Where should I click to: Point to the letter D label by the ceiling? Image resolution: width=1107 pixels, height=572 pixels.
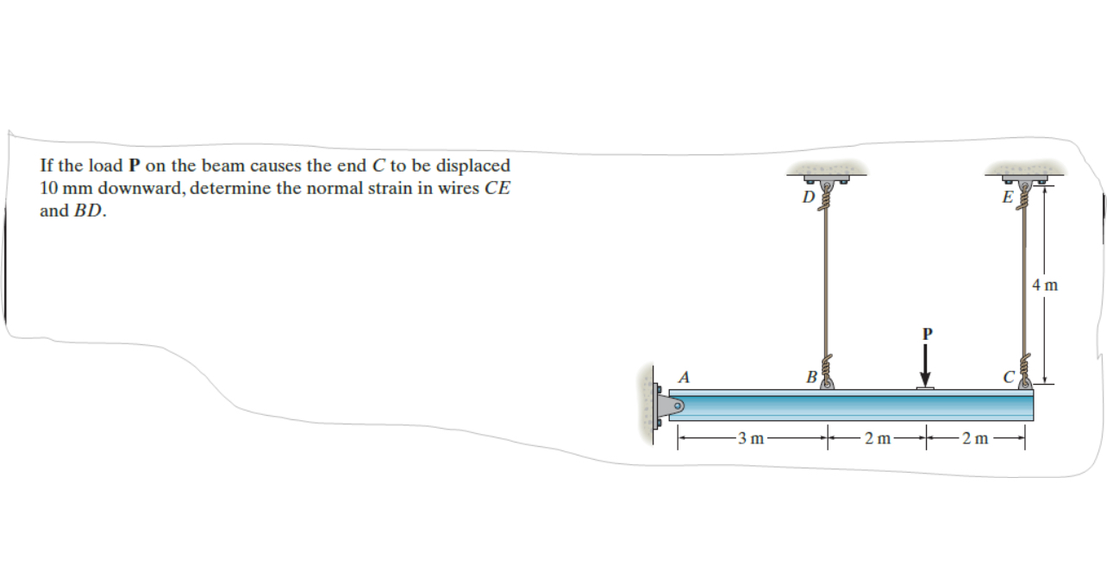pos(807,197)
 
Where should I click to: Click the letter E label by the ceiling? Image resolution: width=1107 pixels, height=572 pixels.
pos(1007,197)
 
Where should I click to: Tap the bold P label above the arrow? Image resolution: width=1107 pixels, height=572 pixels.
pos(927,332)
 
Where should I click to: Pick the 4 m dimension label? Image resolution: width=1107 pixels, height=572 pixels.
pos(1044,284)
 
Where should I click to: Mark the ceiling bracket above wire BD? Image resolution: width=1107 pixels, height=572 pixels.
pos(825,177)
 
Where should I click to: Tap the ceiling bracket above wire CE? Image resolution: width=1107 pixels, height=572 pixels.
pos(1025,177)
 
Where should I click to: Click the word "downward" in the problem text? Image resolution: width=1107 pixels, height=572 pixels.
pos(134,188)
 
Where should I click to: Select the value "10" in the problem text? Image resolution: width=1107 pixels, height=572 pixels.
pos(49,188)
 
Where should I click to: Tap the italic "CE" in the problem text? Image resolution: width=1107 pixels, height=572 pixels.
pos(497,188)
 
